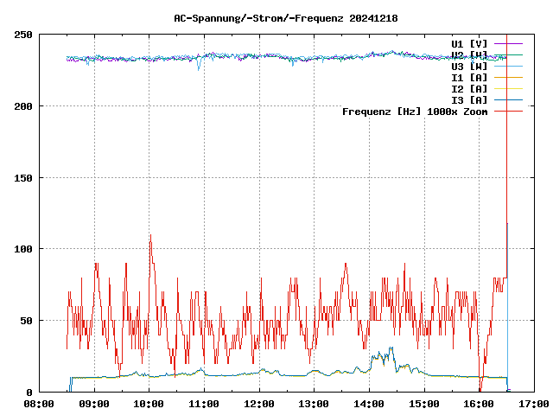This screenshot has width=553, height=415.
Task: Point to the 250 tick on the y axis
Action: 23,35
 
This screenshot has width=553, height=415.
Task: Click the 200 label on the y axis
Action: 23,106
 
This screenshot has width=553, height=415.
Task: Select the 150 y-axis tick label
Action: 23,178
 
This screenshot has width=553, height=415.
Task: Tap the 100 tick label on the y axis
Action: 23,249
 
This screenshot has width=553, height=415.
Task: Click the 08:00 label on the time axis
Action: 39,404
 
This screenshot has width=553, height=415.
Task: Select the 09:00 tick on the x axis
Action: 94,404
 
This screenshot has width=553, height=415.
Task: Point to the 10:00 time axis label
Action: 149,404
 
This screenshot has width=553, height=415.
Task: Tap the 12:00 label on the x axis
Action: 259,404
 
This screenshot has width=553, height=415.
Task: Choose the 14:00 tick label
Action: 369,404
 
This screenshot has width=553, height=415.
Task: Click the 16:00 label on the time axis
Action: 479,404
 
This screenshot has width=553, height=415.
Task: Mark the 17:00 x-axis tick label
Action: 534,404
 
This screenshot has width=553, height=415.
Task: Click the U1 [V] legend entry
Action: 469,43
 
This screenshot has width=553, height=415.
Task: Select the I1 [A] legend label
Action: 469,77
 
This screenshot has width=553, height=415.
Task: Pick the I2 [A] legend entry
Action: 469,88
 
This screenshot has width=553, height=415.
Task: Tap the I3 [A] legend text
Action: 469,99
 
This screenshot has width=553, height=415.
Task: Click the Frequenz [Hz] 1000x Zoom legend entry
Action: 415,111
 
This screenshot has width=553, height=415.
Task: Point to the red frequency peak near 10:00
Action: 150,235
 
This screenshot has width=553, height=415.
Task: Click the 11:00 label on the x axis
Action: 204,404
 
